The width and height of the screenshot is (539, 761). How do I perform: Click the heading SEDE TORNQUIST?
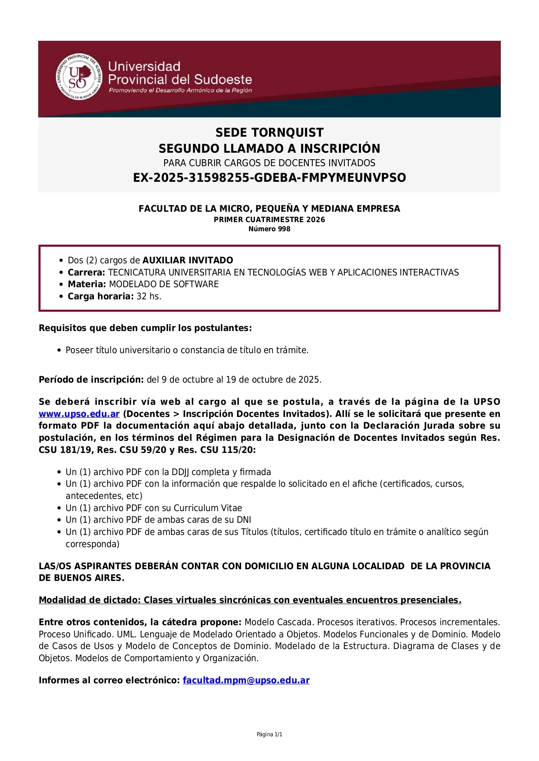tap(269, 132)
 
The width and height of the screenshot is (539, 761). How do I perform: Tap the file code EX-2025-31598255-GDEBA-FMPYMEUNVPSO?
tap(269, 178)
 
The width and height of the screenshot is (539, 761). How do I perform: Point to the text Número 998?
tap(269, 229)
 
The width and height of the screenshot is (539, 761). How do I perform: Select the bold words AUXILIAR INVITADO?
tap(188, 260)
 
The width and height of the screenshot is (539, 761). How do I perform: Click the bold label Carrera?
tap(86, 272)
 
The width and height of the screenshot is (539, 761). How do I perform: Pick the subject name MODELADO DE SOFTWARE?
tap(164, 284)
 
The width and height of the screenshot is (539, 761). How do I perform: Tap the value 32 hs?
tap(149, 296)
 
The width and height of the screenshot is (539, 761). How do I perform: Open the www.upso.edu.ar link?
tap(79, 414)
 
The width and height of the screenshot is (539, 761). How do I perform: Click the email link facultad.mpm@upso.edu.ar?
tap(246, 680)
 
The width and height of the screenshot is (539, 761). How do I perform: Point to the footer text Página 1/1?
tap(269, 735)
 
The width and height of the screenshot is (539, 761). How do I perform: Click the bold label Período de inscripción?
tap(91, 380)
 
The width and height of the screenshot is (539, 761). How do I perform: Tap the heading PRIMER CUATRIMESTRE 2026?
tap(269, 220)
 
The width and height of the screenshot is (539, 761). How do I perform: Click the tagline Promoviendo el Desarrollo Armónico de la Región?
tap(180, 90)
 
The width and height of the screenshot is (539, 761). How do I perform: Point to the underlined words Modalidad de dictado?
tap(89, 600)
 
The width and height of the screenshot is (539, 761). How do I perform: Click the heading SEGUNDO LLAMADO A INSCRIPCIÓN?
tap(269, 148)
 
